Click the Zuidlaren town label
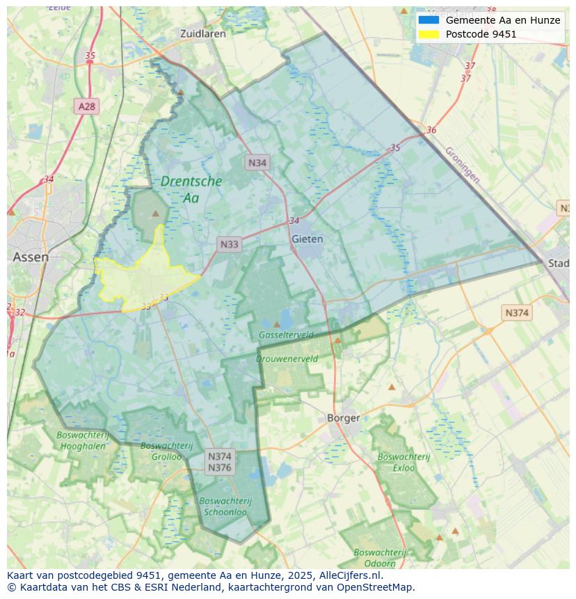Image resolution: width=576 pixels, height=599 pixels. (x=202, y=33)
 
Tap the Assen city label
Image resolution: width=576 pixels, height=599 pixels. (x=31, y=257)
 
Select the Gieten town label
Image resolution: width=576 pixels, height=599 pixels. (x=307, y=239)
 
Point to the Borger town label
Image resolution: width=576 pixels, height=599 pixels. (x=344, y=418)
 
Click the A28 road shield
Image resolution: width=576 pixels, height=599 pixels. (x=87, y=106)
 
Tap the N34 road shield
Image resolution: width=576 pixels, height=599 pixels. (x=257, y=163)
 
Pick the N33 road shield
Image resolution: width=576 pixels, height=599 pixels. (x=229, y=244)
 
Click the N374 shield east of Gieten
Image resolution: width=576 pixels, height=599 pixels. (x=516, y=313)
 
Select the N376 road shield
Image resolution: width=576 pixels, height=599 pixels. (x=219, y=468)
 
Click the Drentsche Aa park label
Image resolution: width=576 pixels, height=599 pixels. (x=191, y=189)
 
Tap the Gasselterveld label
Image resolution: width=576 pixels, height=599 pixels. (x=286, y=335)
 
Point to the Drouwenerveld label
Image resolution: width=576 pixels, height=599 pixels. (x=287, y=359)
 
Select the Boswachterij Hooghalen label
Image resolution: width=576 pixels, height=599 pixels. (x=83, y=440)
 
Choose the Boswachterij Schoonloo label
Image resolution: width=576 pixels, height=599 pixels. (x=225, y=506)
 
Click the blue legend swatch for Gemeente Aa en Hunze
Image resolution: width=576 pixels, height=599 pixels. (x=429, y=20)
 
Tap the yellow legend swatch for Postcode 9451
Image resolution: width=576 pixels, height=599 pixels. (x=429, y=34)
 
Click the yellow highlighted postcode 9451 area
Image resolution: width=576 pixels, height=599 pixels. (x=143, y=278)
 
